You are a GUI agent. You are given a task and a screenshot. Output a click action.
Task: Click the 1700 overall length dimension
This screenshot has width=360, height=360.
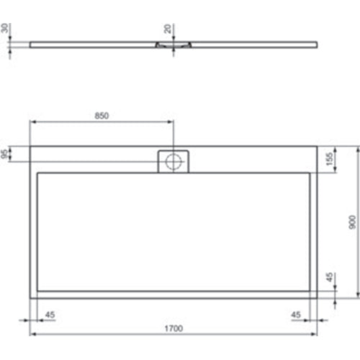(x=172, y=328)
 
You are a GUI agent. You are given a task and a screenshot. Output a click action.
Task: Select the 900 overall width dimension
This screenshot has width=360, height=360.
(x=352, y=223)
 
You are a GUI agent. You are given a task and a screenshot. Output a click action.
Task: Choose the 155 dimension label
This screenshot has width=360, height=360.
(x=328, y=159)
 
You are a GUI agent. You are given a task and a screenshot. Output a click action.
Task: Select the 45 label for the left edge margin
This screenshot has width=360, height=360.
(x=50, y=314)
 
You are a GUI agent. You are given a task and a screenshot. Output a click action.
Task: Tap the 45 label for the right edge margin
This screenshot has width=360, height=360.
(x=295, y=314)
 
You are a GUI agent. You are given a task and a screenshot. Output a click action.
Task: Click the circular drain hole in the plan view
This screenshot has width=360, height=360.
(x=174, y=161)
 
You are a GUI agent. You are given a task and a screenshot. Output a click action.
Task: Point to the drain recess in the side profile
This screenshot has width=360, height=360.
(x=174, y=45)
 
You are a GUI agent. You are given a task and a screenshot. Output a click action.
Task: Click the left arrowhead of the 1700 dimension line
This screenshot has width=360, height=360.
(x=32, y=336)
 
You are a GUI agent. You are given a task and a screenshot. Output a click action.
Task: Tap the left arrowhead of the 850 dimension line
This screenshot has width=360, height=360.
(x=32, y=122)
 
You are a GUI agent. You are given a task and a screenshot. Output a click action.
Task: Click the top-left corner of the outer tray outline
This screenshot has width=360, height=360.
(x=30, y=147)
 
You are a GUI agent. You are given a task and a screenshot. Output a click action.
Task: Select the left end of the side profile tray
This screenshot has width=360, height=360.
(x=31, y=42)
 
